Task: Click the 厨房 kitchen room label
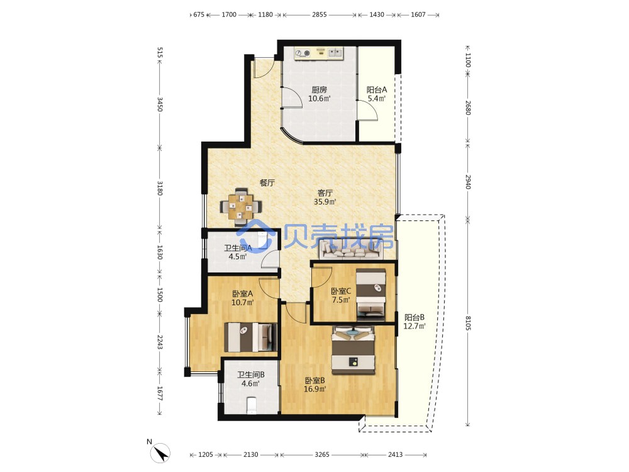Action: pos(319,89)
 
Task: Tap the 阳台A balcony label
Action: pos(376,89)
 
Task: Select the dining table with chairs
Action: pos(241,206)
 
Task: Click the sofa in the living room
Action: pos(349,250)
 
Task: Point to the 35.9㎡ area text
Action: pos(325,202)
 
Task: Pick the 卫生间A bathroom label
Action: pos(238,248)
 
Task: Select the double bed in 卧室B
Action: pos(353,350)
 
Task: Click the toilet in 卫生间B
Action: pos(251,405)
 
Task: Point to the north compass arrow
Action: pos(160,454)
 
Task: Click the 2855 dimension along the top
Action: pos(320,14)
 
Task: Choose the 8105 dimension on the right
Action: pos(468,323)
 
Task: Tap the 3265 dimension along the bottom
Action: pos(321,454)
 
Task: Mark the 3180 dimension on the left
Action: pos(160,188)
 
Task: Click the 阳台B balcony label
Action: pos(414,317)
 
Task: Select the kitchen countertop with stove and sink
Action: pos(319,53)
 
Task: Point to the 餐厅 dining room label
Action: pos(267,183)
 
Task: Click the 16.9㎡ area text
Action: pos(314,389)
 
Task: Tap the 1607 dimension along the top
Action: pos(418,14)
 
